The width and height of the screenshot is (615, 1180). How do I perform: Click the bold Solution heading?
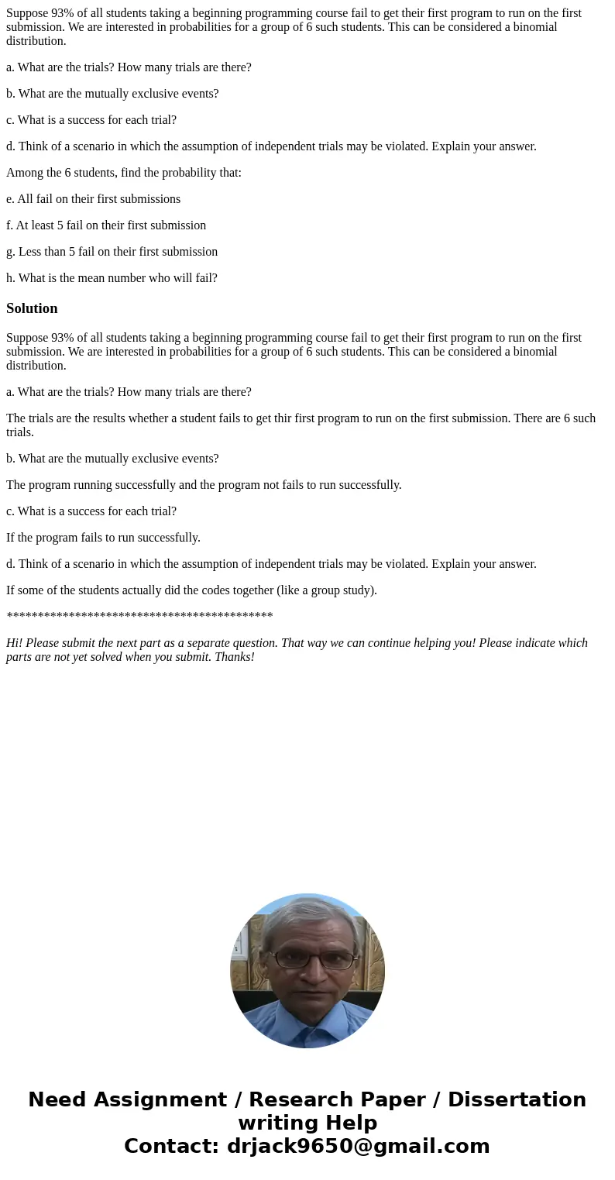point(32,308)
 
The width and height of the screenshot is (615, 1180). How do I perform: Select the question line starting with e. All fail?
point(93,199)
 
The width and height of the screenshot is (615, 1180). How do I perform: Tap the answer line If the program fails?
point(103,538)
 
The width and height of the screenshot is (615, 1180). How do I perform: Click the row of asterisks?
point(139,618)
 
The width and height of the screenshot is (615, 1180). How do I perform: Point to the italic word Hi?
point(15,643)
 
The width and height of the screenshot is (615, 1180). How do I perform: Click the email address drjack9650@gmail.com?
point(358,1147)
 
